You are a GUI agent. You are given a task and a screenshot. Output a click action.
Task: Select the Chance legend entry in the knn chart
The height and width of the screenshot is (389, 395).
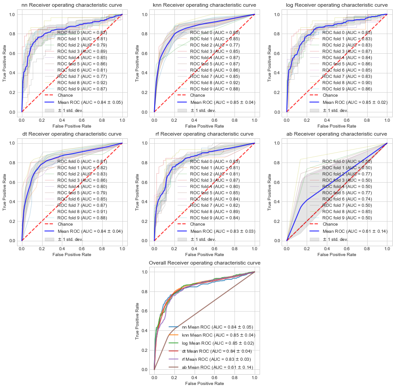pos(197,95)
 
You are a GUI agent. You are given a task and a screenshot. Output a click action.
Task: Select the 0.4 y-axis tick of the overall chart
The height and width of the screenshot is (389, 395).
pos(144,330)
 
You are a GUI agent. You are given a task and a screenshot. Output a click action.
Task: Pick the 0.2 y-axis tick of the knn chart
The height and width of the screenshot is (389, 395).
pos(144,93)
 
